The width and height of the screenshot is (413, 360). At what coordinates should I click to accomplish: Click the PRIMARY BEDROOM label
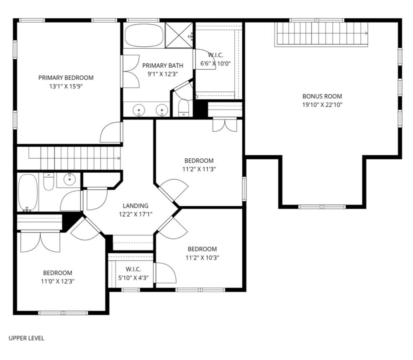pyautogui.click(x=66, y=78)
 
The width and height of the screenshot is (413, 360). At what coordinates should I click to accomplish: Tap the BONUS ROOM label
pyautogui.click(x=322, y=96)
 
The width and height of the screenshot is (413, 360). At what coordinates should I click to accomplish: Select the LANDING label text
pyautogui.click(x=136, y=206)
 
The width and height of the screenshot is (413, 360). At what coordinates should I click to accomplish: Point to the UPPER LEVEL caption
pyautogui.click(x=26, y=338)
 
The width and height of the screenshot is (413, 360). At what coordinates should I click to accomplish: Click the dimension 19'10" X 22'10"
pyautogui.click(x=322, y=105)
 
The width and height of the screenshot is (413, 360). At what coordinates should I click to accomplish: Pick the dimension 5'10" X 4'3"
pyautogui.click(x=133, y=278)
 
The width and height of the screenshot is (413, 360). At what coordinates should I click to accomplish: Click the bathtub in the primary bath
pyautogui.click(x=144, y=35)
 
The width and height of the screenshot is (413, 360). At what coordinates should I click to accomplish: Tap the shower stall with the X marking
pyautogui.click(x=179, y=35)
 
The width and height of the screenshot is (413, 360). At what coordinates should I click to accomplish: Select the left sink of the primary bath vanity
pyautogui.click(x=139, y=110)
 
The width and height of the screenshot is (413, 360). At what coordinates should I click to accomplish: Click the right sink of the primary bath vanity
pyautogui.click(x=162, y=110)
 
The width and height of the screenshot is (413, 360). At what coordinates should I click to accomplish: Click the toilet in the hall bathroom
pyautogui.click(x=49, y=181)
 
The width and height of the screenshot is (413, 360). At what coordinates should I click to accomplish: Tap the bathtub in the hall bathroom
pyautogui.click(x=28, y=192)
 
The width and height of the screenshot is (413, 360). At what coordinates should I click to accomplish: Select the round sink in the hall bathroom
pyautogui.click(x=69, y=179)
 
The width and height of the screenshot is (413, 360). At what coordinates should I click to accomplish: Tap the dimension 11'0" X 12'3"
pyautogui.click(x=58, y=281)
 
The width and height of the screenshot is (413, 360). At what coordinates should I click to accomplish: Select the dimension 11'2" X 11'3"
pyautogui.click(x=199, y=169)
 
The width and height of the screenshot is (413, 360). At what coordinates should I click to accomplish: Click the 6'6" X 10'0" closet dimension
pyautogui.click(x=215, y=64)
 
